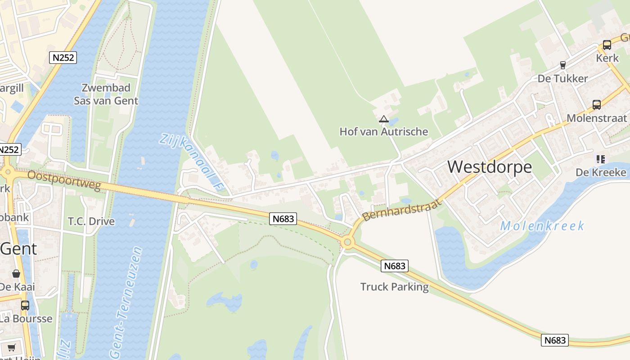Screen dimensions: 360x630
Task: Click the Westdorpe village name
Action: pyautogui.click(x=490, y=167)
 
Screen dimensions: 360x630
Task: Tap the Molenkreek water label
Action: pyautogui.click(x=542, y=225)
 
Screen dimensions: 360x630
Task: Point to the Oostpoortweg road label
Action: pyautogui.click(x=64, y=180)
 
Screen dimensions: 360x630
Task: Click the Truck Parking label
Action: pyautogui.click(x=395, y=287)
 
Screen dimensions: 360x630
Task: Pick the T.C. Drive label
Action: pyautogui.click(x=91, y=221)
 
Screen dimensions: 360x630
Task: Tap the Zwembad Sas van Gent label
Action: pyautogui.click(x=106, y=94)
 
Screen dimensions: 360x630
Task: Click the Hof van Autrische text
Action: pyautogui.click(x=384, y=131)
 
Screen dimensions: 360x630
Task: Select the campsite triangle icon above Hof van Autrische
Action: pyautogui.click(x=383, y=119)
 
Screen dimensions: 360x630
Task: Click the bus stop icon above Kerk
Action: pyautogui.click(x=607, y=45)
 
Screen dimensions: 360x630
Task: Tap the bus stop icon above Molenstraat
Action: pyautogui.click(x=597, y=105)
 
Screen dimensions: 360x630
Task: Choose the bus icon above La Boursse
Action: pyautogui.click(x=25, y=306)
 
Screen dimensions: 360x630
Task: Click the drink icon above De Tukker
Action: pyautogui.click(x=562, y=65)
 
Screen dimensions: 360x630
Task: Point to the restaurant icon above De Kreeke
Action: pyautogui.click(x=601, y=159)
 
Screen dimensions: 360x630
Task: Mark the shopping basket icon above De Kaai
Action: pyautogui.click(x=16, y=274)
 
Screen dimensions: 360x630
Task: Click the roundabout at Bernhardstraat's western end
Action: pyautogui.click(x=347, y=243)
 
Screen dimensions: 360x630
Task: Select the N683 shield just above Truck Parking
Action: pyautogui.click(x=395, y=266)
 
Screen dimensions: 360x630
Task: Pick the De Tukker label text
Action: pyautogui.click(x=562, y=79)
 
